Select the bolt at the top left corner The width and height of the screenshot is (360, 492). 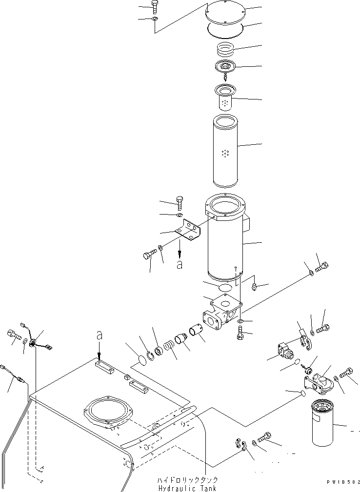click(155, 7)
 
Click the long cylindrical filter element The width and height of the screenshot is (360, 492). click(225, 151)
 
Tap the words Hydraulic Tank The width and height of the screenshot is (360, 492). click(187, 488)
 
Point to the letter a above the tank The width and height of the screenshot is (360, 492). click(99, 336)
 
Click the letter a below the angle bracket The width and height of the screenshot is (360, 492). click(180, 264)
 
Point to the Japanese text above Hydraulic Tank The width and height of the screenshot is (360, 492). click(187, 480)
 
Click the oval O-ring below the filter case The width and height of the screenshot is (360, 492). click(225, 287)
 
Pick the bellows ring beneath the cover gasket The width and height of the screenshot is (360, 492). click(225, 49)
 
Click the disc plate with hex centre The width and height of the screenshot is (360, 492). click(225, 66)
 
